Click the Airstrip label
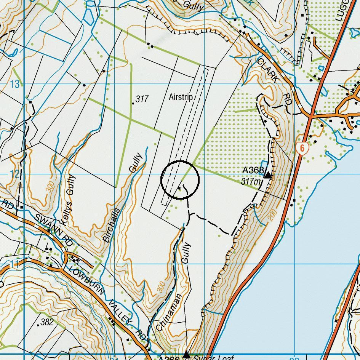coord(181,97)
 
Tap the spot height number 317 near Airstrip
coord(142,99)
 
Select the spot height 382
coord(46,322)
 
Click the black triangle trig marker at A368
coord(268,175)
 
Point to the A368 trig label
coord(253,170)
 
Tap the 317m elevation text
coord(251,182)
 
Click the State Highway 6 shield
coord(302,148)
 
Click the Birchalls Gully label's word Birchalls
coord(111,226)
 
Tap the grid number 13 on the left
coord(14,84)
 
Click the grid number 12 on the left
coord(14,174)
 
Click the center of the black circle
coord(180,180)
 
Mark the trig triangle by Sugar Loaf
coord(186,355)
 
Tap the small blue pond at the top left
coord(88,16)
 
